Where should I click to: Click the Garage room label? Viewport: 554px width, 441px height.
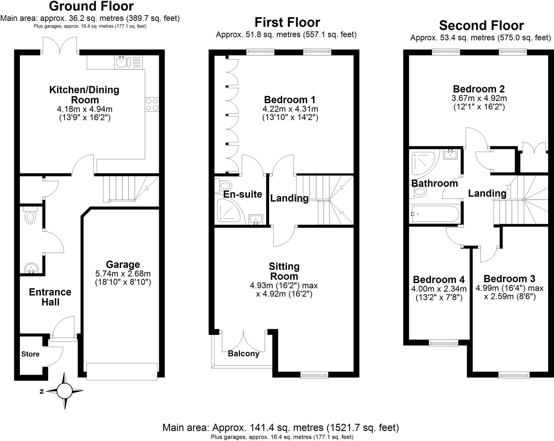pyautogui.click(x=123, y=264)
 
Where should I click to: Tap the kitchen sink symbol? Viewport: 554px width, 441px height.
pyautogui.click(x=121, y=62)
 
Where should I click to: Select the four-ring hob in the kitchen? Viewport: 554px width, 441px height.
pyautogui.click(x=152, y=104)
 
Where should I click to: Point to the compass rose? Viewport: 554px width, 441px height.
pyautogui.click(x=64, y=391)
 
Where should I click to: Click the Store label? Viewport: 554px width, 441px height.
pyautogui.click(x=30, y=354)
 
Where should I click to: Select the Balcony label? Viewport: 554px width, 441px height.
pyautogui.click(x=243, y=354)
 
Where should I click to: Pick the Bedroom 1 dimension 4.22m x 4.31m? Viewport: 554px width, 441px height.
pyautogui.click(x=290, y=109)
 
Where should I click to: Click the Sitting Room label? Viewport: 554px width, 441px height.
pyautogui.click(x=284, y=271)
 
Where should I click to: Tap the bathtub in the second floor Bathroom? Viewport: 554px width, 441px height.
pyautogui.click(x=434, y=214)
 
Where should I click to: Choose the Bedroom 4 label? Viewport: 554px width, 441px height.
pyautogui.click(x=438, y=279)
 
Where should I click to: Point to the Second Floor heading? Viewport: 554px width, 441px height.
pyautogui.click(x=481, y=25)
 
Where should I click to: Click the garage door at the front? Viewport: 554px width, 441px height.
pyautogui.click(x=122, y=371)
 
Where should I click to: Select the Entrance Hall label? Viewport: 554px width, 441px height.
pyautogui.click(x=50, y=297)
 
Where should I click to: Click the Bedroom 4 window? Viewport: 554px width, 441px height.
pyautogui.click(x=443, y=343)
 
